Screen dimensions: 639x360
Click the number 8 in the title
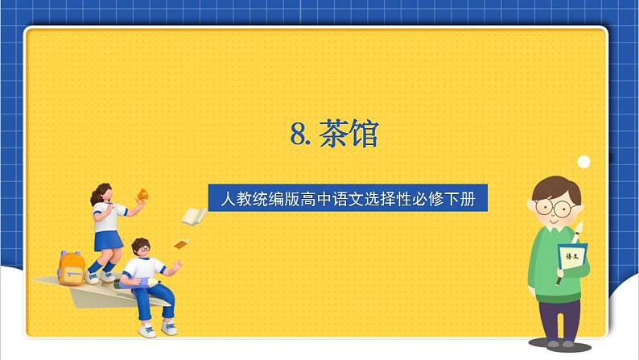coord(299,134)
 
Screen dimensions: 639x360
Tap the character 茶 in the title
coord(332,133)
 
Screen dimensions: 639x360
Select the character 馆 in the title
coord(364,133)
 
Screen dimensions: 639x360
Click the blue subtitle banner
coord(348,198)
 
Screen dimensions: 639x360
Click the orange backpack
coord(71,268)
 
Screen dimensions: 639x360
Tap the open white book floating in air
coord(194,217)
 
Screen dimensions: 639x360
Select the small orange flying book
coord(182,244)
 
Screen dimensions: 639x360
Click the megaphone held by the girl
coord(142,195)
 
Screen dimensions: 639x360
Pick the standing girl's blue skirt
coord(108,241)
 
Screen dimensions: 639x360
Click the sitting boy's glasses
coord(143,249)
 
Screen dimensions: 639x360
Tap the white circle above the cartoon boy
coord(584,162)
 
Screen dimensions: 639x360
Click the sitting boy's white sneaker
coord(147,331)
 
